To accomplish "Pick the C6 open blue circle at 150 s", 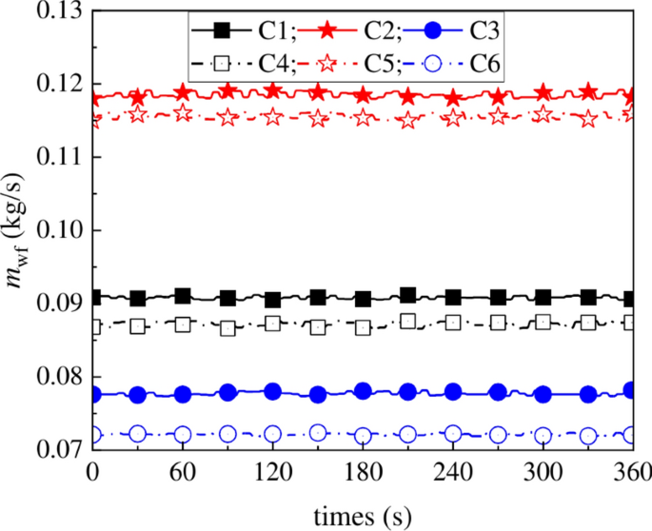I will coord(318,433).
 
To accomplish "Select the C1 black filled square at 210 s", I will coord(407,296).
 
